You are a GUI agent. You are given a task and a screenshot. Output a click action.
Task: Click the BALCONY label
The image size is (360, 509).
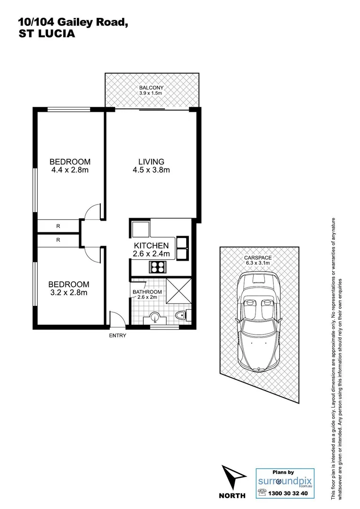[x=151, y=88]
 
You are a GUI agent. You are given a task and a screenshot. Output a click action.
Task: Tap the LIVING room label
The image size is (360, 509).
[x=151, y=161]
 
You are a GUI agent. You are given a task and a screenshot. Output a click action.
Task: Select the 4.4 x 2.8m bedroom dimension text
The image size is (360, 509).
[x=70, y=170]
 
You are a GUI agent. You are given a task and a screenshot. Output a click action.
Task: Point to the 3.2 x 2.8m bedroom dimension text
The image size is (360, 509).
[x=69, y=293]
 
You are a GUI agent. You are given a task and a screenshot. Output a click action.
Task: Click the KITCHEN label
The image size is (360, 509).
[x=151, y=246]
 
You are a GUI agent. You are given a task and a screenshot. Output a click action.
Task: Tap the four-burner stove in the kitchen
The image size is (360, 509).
[x=157, y=267]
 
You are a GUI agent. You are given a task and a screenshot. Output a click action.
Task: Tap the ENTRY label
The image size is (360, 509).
[x=117, y=336]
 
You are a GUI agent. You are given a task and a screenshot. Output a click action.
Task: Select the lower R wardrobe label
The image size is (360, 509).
[x=58, y=240]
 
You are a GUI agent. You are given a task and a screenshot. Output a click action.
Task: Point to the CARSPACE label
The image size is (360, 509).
[x=257, y=258]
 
